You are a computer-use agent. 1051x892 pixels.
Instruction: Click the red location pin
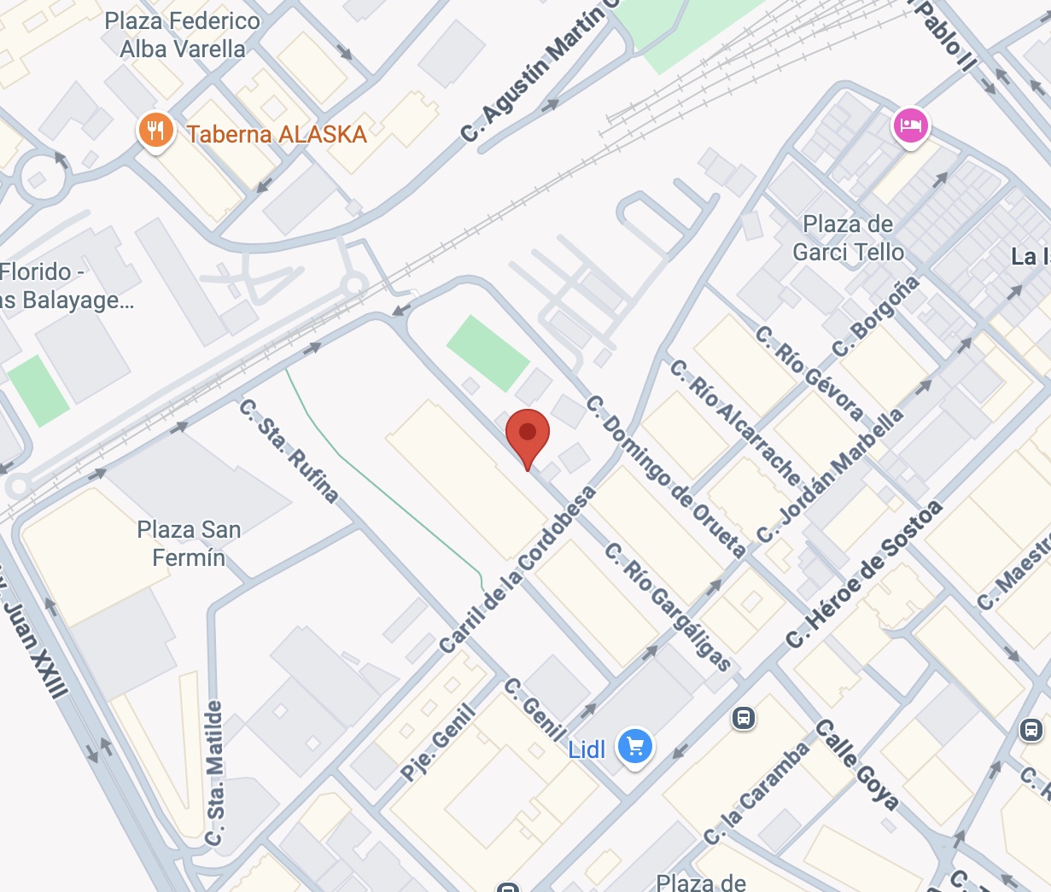pos(528,434)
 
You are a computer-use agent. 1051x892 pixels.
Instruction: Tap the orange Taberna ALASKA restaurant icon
pos(155,131)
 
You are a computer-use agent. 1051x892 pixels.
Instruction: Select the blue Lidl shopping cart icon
pos(634,747)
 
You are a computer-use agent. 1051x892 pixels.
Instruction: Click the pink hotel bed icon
pos(911,126)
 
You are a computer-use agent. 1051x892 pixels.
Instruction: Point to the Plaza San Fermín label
pos(189,544)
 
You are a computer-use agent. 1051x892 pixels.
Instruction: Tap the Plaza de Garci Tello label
pos(848,238)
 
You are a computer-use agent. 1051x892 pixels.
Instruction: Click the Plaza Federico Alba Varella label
pos(182,35)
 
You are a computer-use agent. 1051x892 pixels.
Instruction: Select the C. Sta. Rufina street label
pos(289,450)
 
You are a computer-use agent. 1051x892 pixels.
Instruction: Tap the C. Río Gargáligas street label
pos(669,605)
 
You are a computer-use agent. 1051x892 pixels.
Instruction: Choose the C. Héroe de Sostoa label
pos(864,574)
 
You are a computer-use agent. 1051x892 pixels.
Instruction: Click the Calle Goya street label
pos(856,764)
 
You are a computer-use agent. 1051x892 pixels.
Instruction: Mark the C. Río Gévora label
pos(809,373)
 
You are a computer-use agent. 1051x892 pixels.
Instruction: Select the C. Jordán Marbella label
pos(830,474)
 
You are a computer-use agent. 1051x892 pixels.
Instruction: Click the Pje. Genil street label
pos(438,742)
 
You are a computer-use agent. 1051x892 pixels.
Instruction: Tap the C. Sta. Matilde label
pos(215,773)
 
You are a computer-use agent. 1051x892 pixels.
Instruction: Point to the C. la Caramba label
pos(756,794)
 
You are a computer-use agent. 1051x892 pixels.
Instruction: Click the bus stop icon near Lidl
pos(744,718)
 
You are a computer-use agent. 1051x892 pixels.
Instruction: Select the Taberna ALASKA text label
pos(277,134)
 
